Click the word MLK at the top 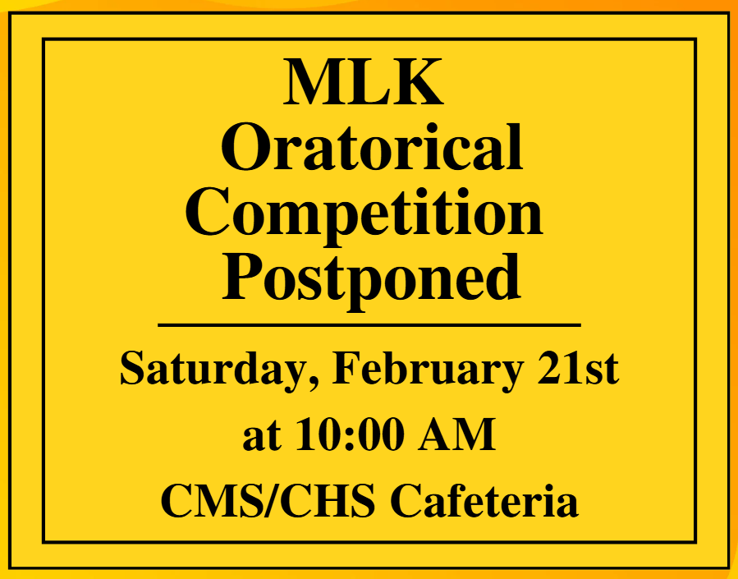364,82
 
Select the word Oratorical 372,148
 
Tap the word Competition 369,212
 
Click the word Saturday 218,369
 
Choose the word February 427,369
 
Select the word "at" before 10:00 260,436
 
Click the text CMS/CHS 268,500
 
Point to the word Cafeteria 484,500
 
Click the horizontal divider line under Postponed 369,325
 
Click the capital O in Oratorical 243,148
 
